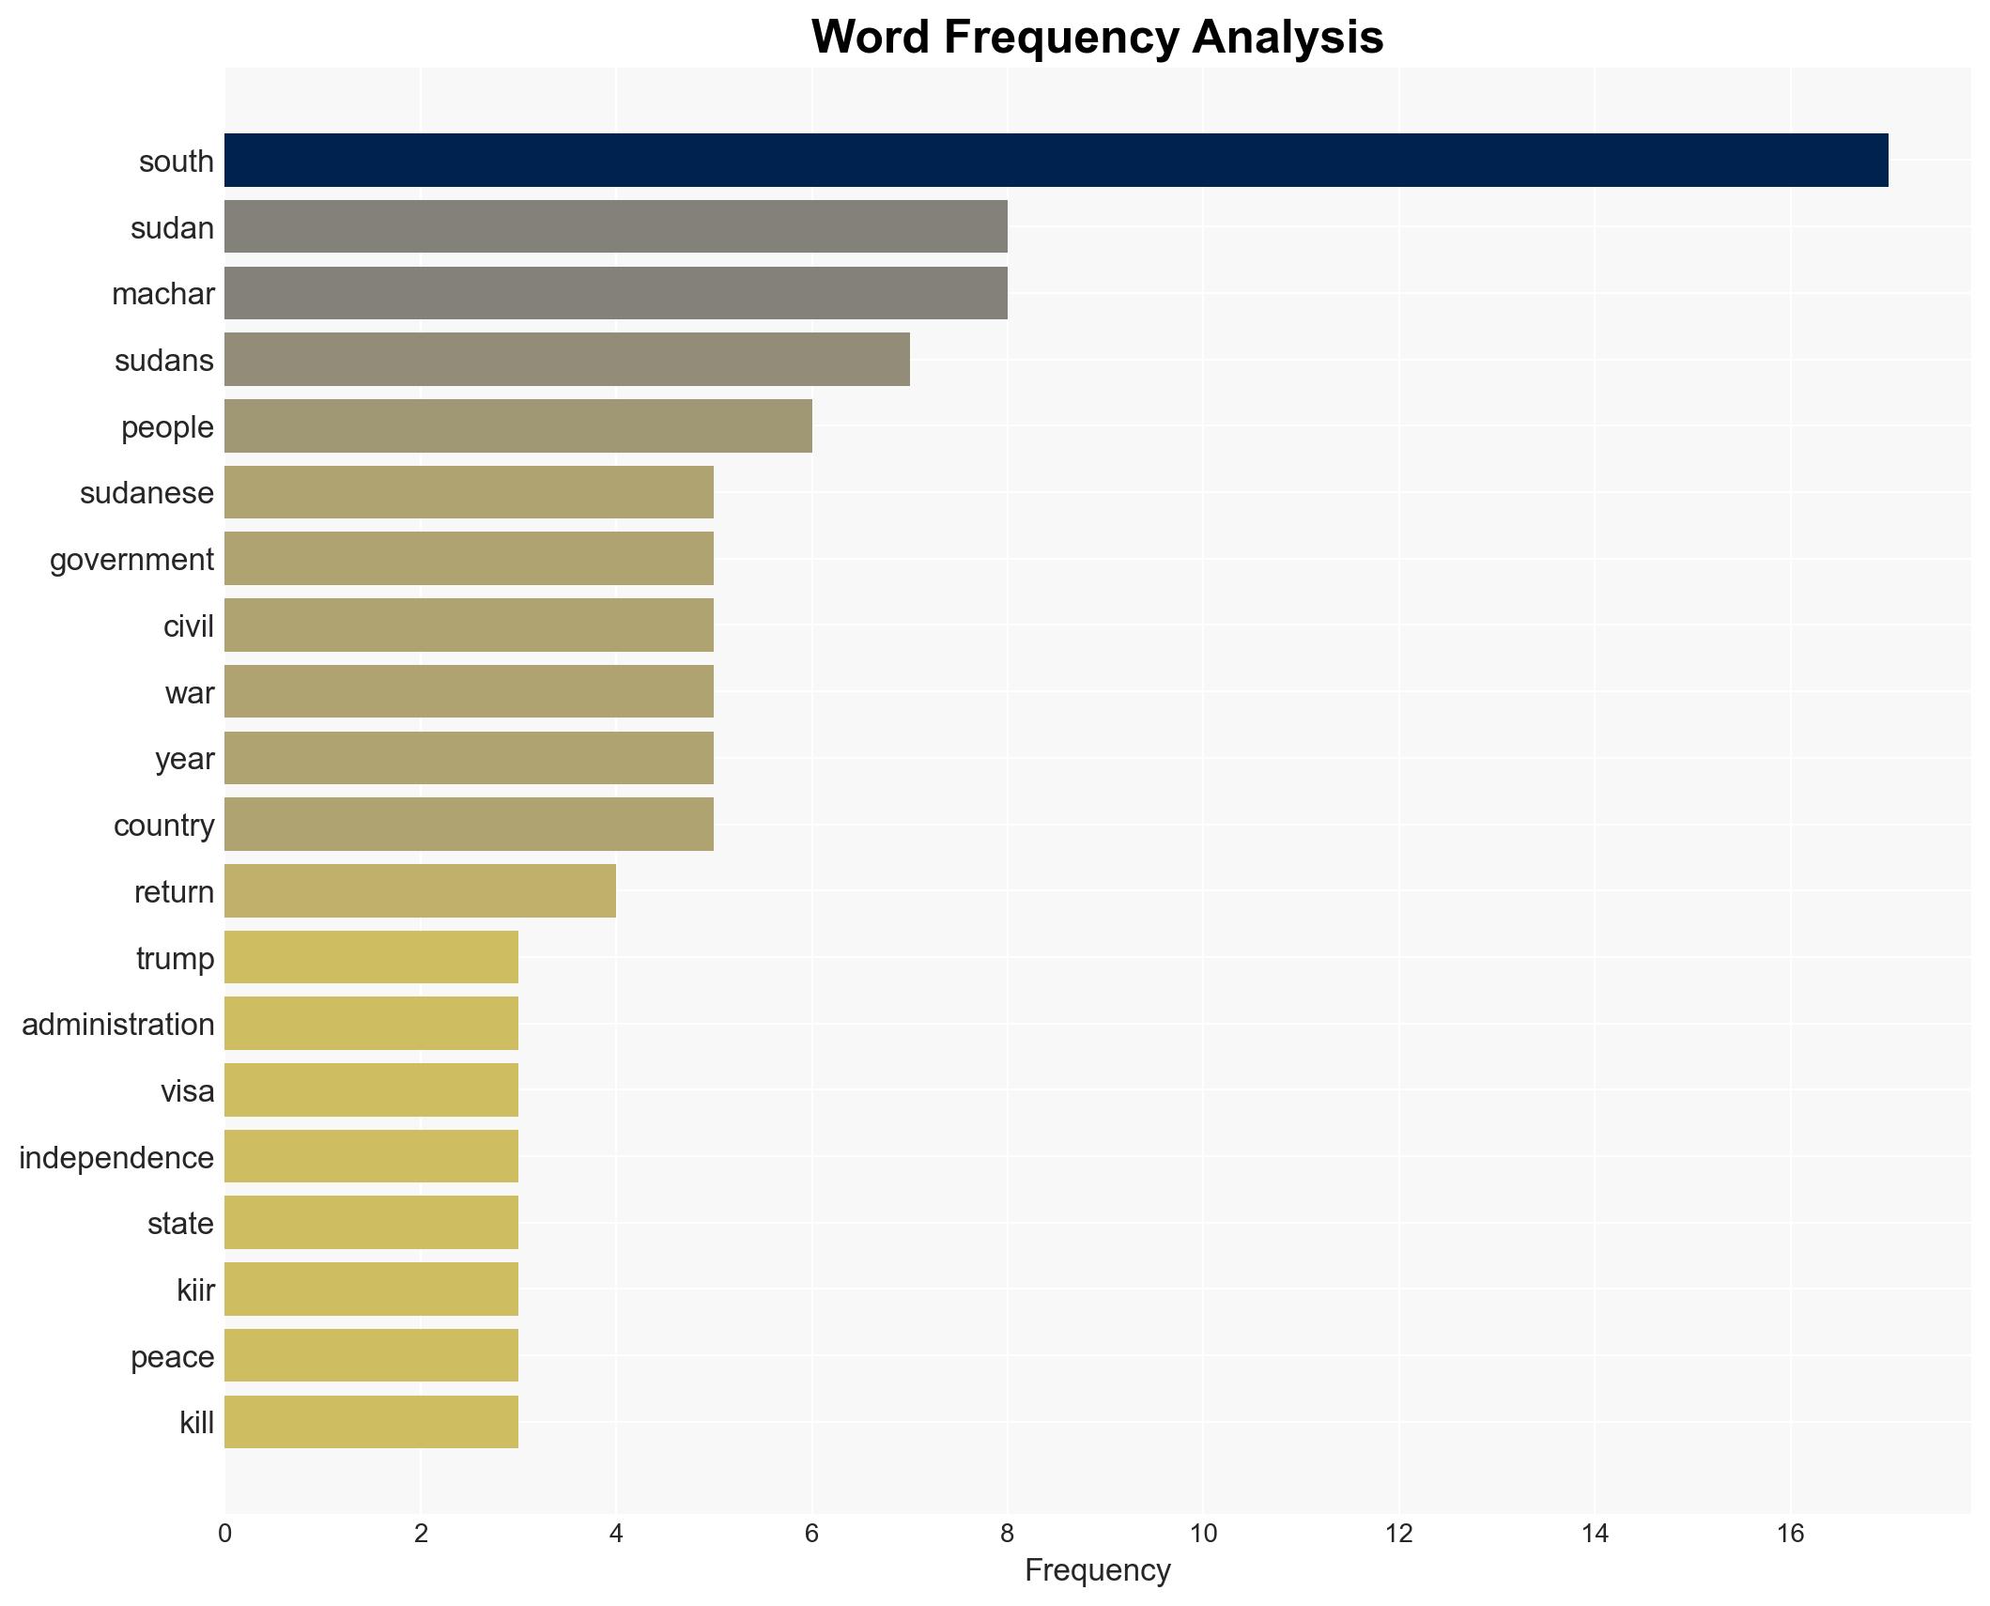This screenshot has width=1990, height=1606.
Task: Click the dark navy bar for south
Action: [1056, 161]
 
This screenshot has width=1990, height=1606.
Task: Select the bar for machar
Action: [615, 293]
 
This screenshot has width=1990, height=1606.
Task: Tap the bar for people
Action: [517, 426]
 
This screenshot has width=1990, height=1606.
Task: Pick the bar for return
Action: [420, 891]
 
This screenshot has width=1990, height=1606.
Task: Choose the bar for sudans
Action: [566, 360]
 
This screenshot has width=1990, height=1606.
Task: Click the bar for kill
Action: [371, 1422]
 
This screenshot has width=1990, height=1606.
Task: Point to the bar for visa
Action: [371, 1090]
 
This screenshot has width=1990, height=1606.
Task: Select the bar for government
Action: [469, 559]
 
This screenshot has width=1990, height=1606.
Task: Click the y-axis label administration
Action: [118, 1025]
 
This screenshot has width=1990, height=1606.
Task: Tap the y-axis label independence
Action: [116, 1158]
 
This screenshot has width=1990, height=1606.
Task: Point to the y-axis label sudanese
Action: [147, 493]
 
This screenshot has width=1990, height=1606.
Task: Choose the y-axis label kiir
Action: [195, 1290]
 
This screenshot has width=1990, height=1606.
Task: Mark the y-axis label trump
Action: [175, 959]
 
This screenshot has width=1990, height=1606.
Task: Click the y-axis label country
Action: [163, 826]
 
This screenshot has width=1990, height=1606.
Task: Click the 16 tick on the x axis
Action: [1790, 1534]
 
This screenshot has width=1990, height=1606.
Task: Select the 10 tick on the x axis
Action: [1203, 1534]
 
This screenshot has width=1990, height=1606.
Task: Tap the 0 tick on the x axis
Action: [224, 1534]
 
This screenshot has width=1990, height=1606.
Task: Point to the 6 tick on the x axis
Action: [811, 1534]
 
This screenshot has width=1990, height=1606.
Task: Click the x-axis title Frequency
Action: [1097, 1570]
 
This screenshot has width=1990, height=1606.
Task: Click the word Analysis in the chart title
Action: [1288, 38]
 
